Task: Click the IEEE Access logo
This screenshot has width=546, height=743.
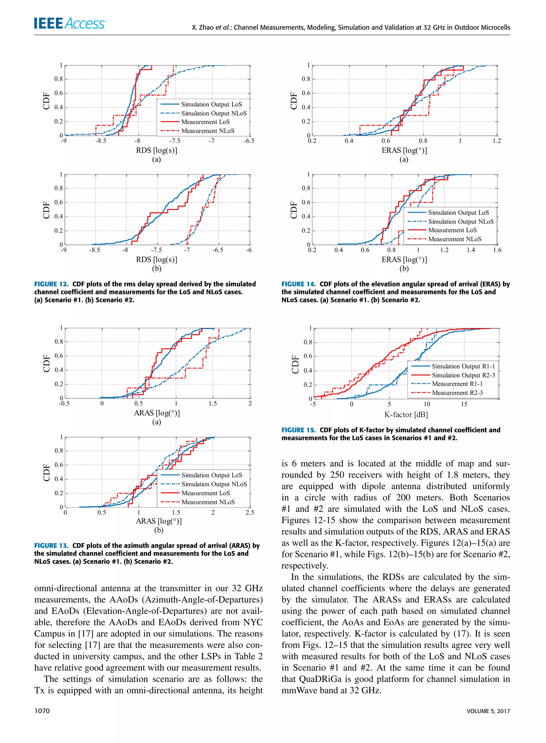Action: pos(70,23)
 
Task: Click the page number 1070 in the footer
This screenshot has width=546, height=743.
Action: pos(42,711)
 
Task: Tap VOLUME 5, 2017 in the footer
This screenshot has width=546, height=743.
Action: pos(488,711)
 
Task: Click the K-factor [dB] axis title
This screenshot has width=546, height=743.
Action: pos(406,414)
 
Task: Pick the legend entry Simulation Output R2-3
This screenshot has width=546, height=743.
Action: pos(463,375)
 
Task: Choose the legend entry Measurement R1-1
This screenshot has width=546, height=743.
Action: pos(457,384)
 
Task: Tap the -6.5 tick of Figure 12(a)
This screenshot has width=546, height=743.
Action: pos(249,141)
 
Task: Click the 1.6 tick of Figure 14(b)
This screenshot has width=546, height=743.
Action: pos(497,250)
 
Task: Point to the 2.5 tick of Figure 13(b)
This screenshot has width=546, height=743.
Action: pos(250,512)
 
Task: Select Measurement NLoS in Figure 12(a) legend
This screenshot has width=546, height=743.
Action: pos(208,131)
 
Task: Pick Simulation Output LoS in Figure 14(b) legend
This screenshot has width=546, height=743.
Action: pos(458,213)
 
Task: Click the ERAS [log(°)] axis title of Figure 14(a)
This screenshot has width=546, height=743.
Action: pos(404,150)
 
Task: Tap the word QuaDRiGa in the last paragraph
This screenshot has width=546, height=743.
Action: pos(320,679)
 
